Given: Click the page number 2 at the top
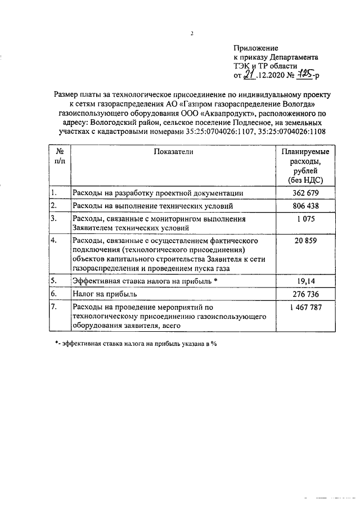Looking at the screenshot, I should pos(192,33).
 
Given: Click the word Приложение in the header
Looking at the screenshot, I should pos(255,48).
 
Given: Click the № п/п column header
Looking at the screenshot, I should pos(60,156).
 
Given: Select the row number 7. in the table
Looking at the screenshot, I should pos(53,307).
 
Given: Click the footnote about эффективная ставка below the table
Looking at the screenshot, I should pos(136,344).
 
